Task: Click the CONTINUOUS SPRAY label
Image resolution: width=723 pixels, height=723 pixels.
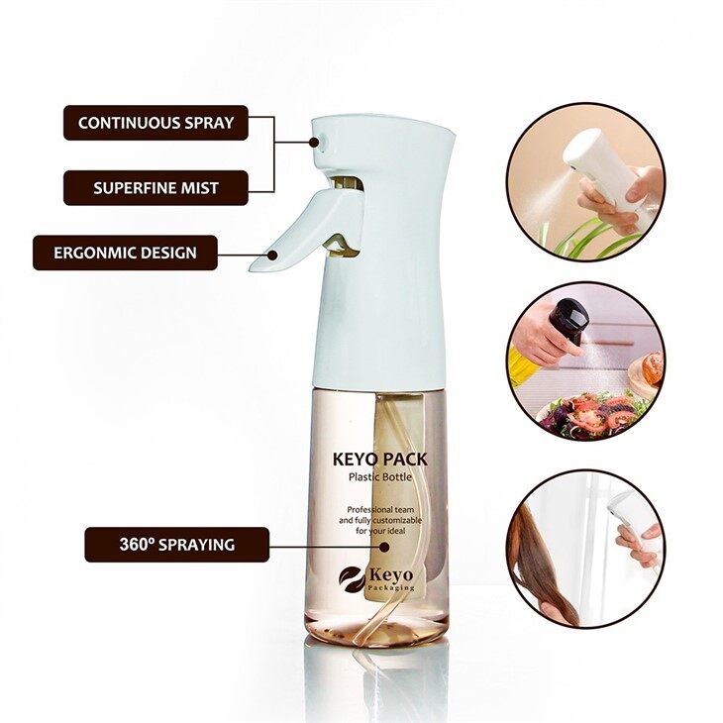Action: (155, 123)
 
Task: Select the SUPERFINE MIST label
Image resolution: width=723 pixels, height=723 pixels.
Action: (155, 187)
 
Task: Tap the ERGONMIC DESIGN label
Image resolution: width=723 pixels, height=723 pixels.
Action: (125, 253)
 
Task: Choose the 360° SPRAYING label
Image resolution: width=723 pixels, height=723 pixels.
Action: (177, 545)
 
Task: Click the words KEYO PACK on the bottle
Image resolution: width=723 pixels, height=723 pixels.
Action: (380, 460)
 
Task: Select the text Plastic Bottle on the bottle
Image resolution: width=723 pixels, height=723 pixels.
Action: (380, 476)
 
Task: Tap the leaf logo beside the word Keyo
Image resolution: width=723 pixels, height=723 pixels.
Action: (353, 577)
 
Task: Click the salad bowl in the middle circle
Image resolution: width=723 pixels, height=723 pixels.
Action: (584, 415)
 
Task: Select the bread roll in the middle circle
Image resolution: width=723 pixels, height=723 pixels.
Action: (650, 367)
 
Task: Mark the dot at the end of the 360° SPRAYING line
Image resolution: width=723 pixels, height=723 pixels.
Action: (383, 547)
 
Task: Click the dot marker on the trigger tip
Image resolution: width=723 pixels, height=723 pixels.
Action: (273, 255)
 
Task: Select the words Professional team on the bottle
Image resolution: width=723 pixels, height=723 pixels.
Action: (380, 509)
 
